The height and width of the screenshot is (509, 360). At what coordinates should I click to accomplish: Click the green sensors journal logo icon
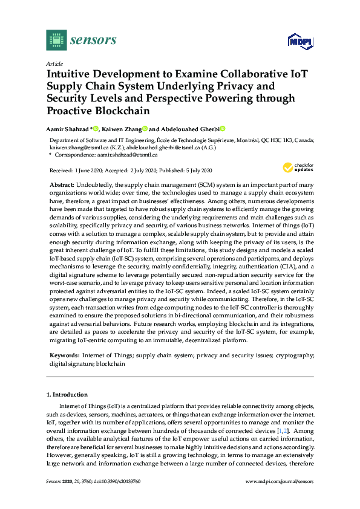pos(56,41)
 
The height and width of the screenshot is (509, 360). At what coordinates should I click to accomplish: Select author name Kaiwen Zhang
pos(122,129)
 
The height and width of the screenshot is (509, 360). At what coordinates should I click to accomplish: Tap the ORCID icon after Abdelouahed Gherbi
pos(223,129)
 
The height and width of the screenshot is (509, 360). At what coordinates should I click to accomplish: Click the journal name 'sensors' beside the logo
pos(93,41)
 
